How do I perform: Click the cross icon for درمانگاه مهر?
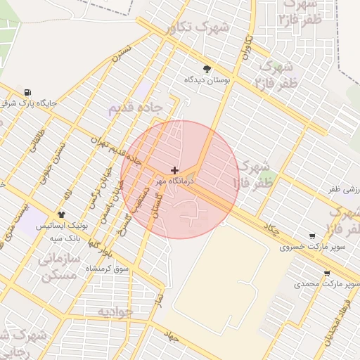click(x=174, y=171)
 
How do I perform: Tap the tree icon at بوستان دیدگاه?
click(x=207, y=69)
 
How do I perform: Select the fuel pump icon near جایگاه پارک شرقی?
click(x=27, y=92)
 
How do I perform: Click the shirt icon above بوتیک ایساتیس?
click(x=62, y=214)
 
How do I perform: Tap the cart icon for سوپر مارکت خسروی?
click(x=312, y=236)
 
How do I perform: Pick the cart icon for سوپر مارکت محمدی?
click(x=327, y=273)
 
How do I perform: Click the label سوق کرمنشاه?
click(x=108, y=269)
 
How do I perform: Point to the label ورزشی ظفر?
click(x=344, y=190)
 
